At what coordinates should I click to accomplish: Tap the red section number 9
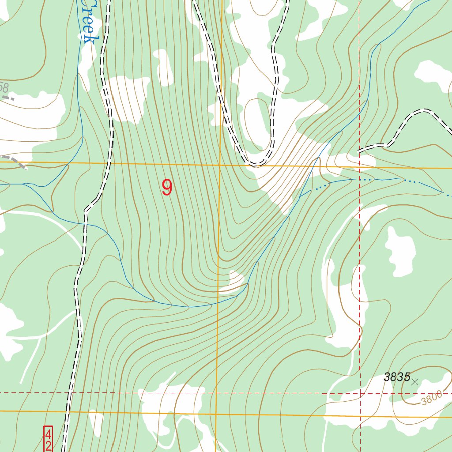click(x=167, y=188)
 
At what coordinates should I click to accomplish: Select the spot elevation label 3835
click(x=397, y=377)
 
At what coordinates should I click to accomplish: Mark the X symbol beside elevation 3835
click(x=414, y=382)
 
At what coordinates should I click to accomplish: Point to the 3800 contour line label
click(x=431, y=399)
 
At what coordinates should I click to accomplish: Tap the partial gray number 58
click(x=4, y=87)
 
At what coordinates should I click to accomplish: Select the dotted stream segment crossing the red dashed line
click(x=360, y=179)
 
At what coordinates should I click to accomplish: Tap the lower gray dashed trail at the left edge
click(x=13, y=159)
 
